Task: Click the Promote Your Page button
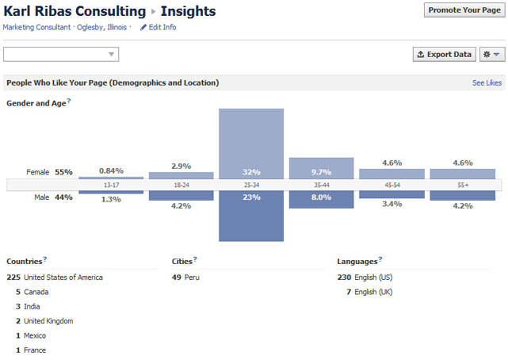(464, 10)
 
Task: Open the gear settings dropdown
(492, 54)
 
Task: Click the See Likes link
(487, 82)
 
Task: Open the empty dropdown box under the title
(61, 54)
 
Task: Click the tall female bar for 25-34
(251, 143)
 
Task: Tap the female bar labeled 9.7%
(321, 168)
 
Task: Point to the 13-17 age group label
(111, 185)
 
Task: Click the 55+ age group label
(462, 185)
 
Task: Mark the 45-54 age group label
(392, 185)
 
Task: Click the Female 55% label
(49, 171)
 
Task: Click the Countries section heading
(24, 261)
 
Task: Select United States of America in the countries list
(63, 278)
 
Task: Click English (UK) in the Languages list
(372, 292)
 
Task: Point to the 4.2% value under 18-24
(181, 206)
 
